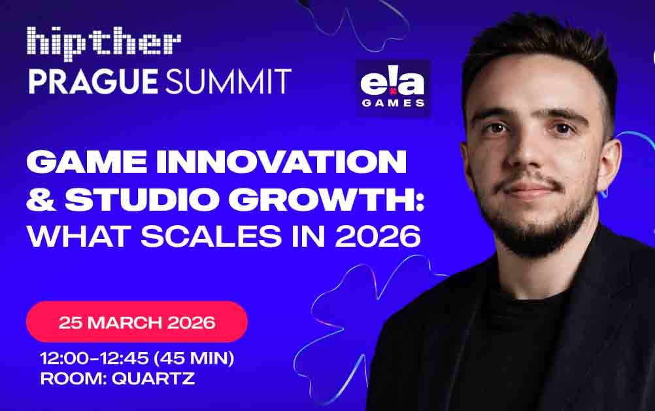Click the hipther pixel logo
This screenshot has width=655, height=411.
pos(104,43)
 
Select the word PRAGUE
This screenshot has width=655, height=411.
pos(93,81)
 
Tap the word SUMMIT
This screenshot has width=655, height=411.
pos(229,81)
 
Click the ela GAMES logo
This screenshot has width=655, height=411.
pos(393,88)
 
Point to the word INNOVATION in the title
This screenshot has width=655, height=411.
pos(281,162)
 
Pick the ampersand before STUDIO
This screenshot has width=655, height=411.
pos(41,200)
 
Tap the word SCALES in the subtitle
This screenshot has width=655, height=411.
pos(211,236)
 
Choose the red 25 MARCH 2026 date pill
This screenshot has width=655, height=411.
pos(137,322)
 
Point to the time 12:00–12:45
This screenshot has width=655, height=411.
pos(94,359)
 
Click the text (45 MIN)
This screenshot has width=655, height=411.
pos(194,359)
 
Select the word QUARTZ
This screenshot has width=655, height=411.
pos(154,378)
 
